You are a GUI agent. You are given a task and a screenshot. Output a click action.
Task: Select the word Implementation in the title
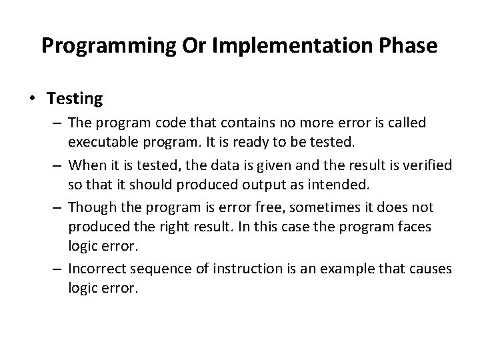(x=262, y=46)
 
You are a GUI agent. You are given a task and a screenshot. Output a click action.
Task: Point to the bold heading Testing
(x=75, y=99)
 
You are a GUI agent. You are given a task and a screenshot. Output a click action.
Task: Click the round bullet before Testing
(x=34, y=100)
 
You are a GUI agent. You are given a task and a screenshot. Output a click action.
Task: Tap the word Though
(x=88, y=207)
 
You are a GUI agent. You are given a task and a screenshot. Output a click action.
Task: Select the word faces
(x=412, y=227)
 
